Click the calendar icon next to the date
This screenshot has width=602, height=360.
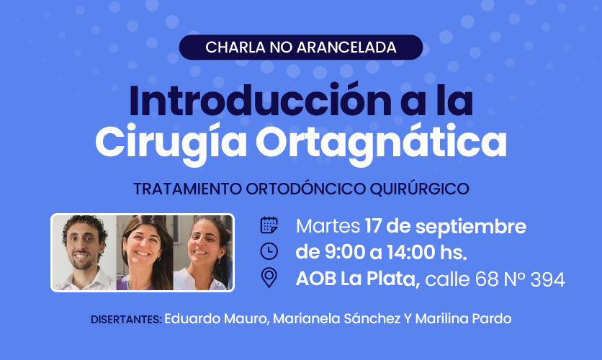coord(269,225)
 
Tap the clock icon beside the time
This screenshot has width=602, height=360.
coord(269,251)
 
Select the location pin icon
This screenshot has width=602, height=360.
coord(269,277)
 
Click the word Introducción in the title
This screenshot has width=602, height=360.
coord(260,101)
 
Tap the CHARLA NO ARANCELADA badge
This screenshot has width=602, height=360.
coord(301,48)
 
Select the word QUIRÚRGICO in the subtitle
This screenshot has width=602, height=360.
coord(420,189)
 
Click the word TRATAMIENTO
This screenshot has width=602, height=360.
coord(188,189)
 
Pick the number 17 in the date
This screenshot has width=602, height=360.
coord(373,226)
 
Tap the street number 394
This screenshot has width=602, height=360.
coord(548,279)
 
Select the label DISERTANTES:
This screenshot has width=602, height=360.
coord(126,320)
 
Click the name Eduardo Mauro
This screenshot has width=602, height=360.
coord(216,319)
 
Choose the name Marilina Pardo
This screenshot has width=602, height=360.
coord(464,319)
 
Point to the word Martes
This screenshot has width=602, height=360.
coord(328,226)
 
